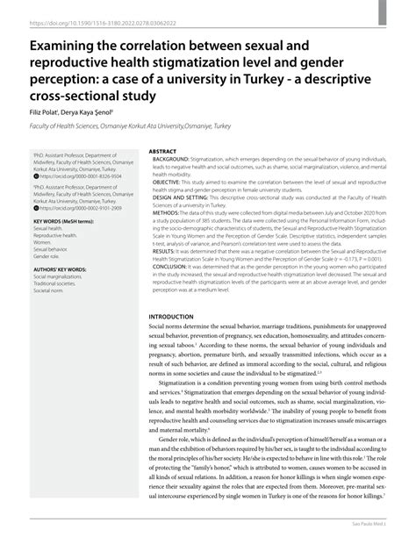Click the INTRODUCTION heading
(x=176, y=291)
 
